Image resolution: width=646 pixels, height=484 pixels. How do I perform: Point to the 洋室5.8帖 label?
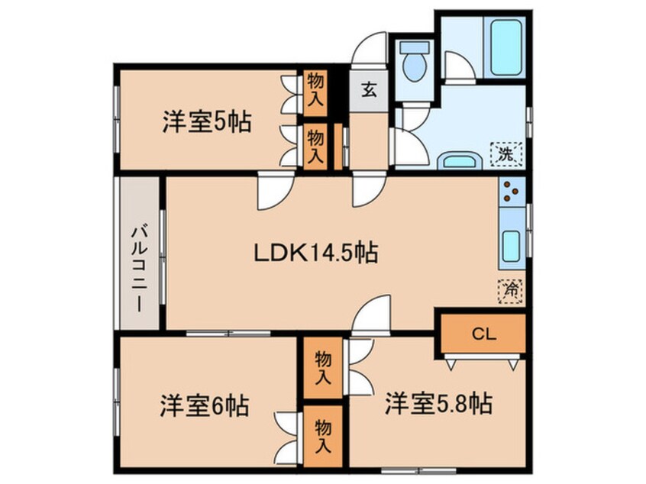click(438, 402)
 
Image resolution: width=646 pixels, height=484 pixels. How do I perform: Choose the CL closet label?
click(480, 333)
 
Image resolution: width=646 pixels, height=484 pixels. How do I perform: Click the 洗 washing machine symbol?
click(505, 153)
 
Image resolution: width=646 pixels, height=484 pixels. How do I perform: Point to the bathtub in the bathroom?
click(505, 47)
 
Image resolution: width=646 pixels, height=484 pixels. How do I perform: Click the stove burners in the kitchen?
click(512, 193)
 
